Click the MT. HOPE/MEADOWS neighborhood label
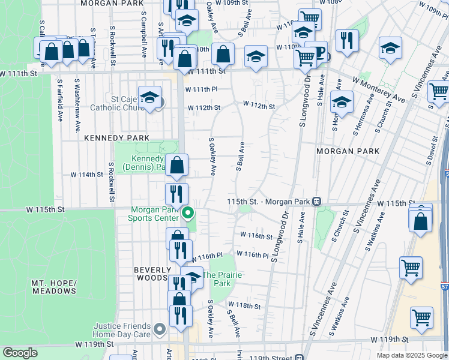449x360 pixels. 54,286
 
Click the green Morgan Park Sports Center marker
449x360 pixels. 188,212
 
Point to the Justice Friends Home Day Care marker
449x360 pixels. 159,329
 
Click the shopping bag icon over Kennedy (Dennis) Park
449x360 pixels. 177,167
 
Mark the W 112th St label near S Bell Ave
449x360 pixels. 259,106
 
